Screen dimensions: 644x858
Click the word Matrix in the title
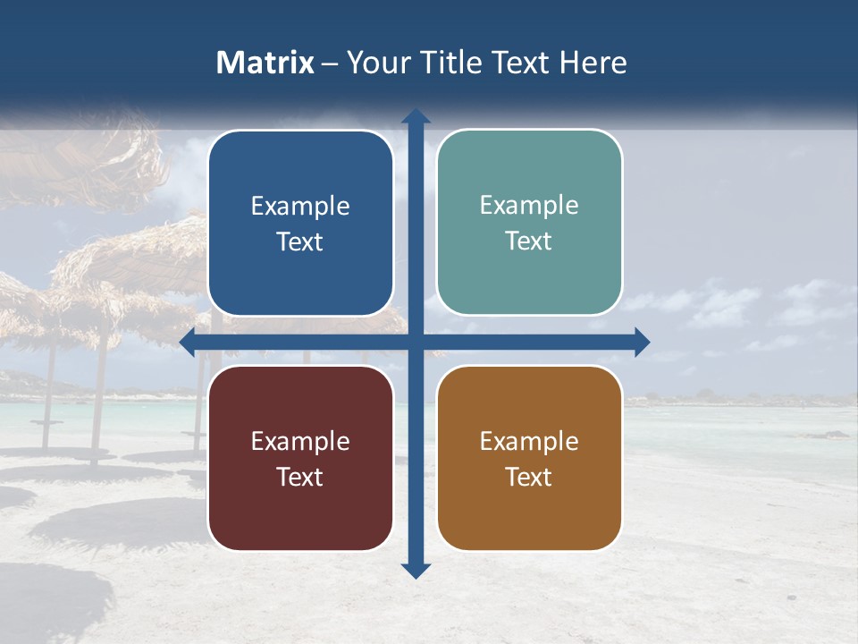click(265, 63)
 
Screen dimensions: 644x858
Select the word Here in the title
click(593, 63)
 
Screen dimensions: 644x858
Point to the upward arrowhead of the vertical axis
click(416, 116)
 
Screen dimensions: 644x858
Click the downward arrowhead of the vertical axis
click(416, 570)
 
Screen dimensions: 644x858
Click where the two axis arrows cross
click(416, 342)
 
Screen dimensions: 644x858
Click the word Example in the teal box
click(529, 205)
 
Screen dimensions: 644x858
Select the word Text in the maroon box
click(300, 477)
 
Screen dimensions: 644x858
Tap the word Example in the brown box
click(529, 441)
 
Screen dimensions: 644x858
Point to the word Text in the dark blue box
click(300, 241)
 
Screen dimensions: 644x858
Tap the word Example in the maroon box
click(300, 441)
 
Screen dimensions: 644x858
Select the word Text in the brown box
click(529, 477)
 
